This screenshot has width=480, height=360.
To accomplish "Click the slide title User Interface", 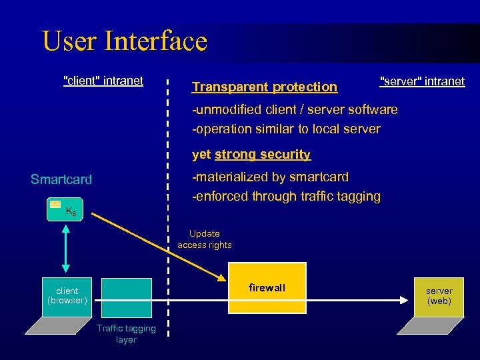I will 125,41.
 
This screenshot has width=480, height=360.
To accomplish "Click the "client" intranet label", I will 103,81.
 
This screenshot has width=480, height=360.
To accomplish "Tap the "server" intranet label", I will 422,81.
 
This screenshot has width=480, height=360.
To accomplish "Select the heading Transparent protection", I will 265,87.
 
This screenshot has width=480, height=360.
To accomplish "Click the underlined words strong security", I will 262,155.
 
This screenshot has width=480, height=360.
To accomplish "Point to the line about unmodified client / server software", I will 295,109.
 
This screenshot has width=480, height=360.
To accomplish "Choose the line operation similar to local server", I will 286,129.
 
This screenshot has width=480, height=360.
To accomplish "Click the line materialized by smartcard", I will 270,177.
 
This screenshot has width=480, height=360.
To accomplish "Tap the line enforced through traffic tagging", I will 286,196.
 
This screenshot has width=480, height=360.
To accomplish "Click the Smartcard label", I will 61,179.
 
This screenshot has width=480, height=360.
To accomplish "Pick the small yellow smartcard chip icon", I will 55,204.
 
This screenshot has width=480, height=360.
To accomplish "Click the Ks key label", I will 71,212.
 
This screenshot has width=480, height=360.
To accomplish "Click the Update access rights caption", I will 205,239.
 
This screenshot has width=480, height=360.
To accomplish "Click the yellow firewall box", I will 267,288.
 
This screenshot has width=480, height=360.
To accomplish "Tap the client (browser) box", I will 67,296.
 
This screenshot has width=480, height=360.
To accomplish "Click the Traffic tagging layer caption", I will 126,333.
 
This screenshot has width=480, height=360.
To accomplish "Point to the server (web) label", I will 439,296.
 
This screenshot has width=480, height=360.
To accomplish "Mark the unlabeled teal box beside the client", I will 126,297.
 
